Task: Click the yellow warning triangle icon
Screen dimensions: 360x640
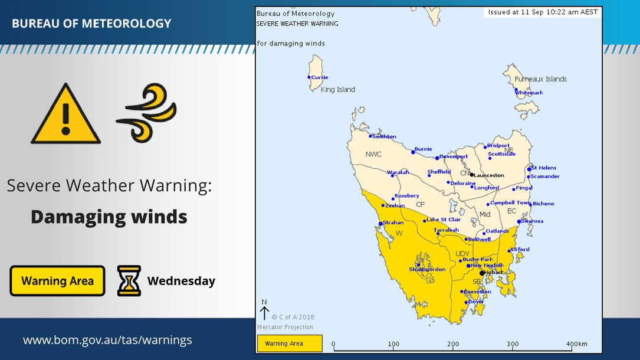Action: tap(65, 116)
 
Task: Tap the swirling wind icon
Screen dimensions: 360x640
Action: tap(146, 113)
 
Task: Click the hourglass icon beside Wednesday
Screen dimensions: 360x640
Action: tap(129, 281)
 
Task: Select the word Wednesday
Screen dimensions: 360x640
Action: tap(181, 281)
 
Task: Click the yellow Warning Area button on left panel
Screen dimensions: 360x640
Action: tap(57, 281)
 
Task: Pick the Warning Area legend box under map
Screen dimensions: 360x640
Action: tap(290, 343)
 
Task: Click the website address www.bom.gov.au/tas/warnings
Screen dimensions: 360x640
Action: tap(107, 341)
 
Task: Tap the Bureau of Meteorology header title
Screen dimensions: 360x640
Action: tap(91, 24)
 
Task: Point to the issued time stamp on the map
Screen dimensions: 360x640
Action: tap(543, 12)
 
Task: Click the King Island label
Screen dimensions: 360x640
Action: tap(338, 90)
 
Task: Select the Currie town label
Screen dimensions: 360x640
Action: tap(320, 77)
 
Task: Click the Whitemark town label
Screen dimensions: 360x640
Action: tap(530, 93)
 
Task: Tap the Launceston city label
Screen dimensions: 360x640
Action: tap(490, 175)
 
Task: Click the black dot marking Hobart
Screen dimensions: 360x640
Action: tap(482, 273)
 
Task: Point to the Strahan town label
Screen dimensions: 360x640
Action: tap(393, 222)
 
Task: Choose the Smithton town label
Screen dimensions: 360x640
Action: tap(384, 136)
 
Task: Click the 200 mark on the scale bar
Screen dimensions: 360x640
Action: tap(453, 344)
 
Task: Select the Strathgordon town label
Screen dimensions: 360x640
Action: tap(428, 270)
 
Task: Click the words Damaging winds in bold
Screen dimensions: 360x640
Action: tap(109, 217)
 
